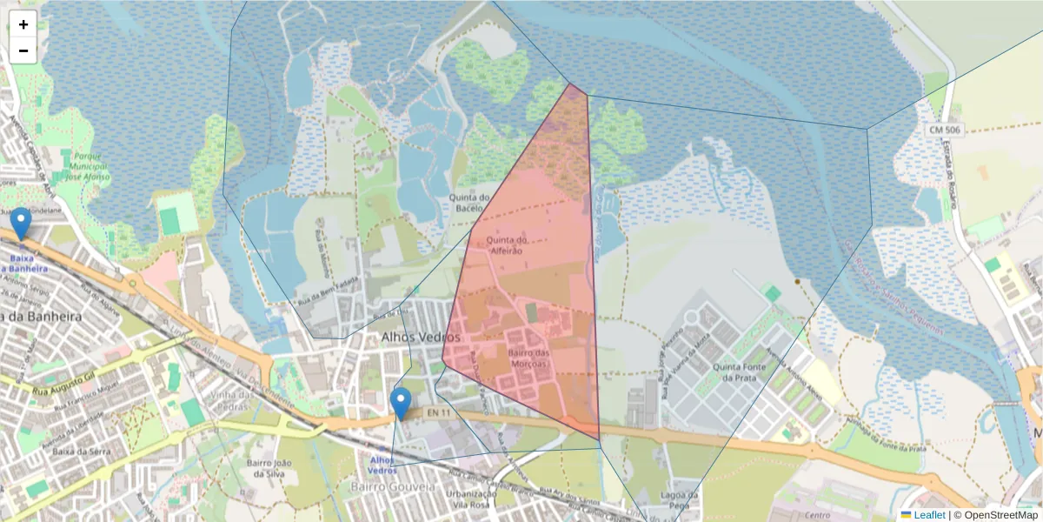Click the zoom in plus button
pos(23,24)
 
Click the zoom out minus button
pos(23,50)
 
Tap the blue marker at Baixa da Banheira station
pos(20,224)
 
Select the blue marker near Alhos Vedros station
pos(401,403)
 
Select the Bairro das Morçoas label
pos(530,358)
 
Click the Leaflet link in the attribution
pos(929,515)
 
